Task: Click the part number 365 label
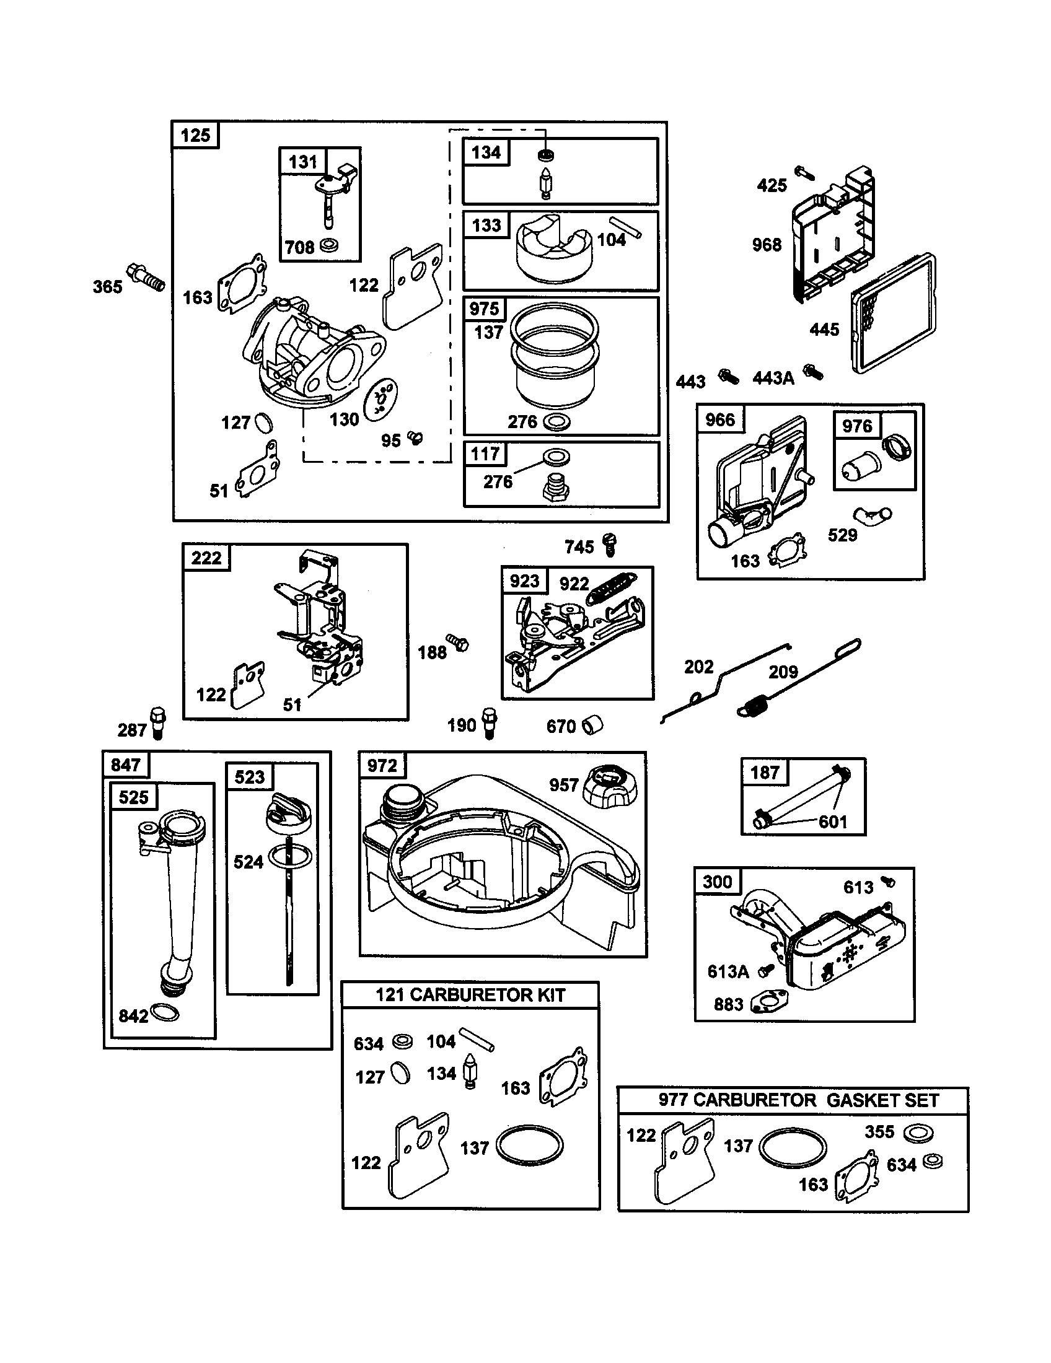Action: [107, 287]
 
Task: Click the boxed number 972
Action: [382, 765]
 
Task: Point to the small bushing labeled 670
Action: [592, 725]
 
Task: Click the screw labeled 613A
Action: [766, 970]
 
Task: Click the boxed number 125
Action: [195, 136]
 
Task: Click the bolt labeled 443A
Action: [813, 372]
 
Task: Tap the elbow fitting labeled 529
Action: [873, 515]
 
